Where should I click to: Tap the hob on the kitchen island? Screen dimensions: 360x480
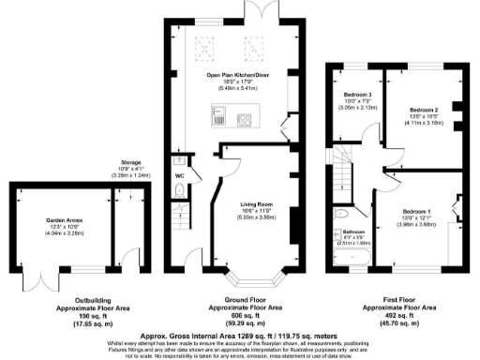tap(247, 118)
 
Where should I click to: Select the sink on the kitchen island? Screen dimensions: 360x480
tap(218, 118)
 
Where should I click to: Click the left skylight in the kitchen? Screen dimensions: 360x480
tap(203, 43)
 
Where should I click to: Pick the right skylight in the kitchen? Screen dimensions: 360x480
tap(252, 43)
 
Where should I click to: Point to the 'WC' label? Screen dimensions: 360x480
tap(179, 174)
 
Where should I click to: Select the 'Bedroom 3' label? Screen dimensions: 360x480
tap(356, 96)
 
